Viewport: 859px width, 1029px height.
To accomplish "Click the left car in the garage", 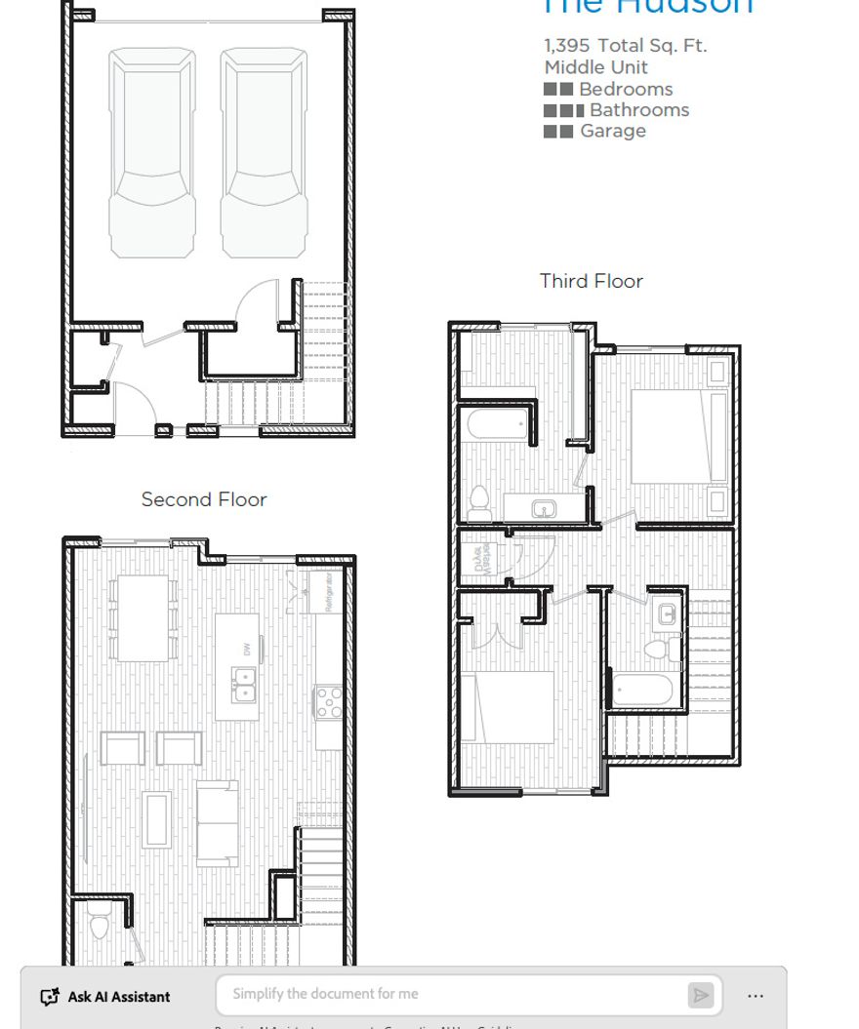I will [x=151, y=154].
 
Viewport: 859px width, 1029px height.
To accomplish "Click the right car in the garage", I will [x=257, y=154].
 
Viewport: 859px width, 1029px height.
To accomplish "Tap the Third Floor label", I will [x=591, y=281].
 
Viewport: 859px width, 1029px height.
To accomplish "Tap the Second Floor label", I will [x=203, y=499].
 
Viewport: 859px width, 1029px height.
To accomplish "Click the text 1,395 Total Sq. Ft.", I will [x=625, y=45].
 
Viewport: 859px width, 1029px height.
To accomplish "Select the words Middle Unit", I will [x=595, y=67].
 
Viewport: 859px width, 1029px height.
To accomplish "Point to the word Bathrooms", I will [x=638, y=110].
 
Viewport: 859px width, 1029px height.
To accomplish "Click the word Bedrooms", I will [x=625, y=89].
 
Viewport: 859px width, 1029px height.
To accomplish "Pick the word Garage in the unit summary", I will [x=612, y=131].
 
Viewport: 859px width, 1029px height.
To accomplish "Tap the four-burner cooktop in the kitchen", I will [x=328, y=700].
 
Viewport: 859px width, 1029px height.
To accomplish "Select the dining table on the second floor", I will [x=143, y=617].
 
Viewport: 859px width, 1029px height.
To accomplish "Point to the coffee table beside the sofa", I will [x=156, y=817].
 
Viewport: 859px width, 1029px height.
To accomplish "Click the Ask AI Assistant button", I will [x=105, y=997].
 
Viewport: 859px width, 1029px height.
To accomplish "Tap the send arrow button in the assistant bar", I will [x=700, y=995].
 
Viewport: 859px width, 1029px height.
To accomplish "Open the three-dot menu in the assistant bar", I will [x=756, y=996].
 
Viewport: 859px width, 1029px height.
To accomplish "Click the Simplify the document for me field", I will [x=449, y=994].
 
